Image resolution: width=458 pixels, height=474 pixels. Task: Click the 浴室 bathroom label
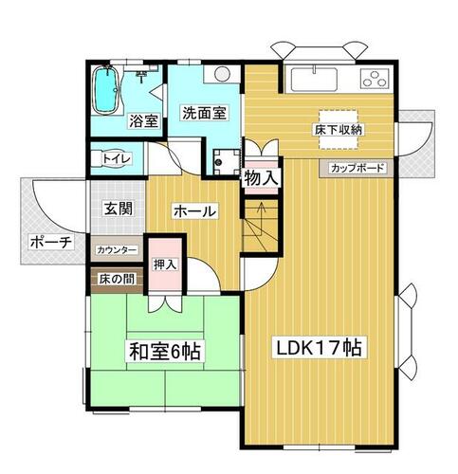click(144, 121)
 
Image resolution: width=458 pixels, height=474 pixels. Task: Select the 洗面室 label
click(205, 113)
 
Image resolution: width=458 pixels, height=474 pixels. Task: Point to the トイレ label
click(116, 158)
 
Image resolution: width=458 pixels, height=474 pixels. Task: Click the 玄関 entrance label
click(119, 209)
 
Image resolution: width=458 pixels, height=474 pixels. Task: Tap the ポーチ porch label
click(51, 243)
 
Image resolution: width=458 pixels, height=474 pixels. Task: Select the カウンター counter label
click(117, 250)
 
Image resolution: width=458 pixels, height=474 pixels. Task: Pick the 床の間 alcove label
click(117, 279)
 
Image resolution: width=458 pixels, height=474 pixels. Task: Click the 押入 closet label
click(165, 264)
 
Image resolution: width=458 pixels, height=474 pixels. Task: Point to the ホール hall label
click(195, 211)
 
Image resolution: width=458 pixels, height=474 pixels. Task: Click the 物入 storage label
click(262, 178)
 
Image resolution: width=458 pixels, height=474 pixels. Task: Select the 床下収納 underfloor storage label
click(338, 130)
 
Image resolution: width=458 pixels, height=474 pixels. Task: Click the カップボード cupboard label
click(357, 168)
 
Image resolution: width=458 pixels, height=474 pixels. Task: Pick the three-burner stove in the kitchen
click(375, 79)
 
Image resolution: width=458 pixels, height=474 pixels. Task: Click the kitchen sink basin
click(314, 79)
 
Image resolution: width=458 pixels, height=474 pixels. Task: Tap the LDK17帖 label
click(320, 347)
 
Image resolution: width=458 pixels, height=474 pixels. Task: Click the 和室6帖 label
click(165, 351)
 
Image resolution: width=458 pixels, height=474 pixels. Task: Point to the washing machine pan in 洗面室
click(227, 161)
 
